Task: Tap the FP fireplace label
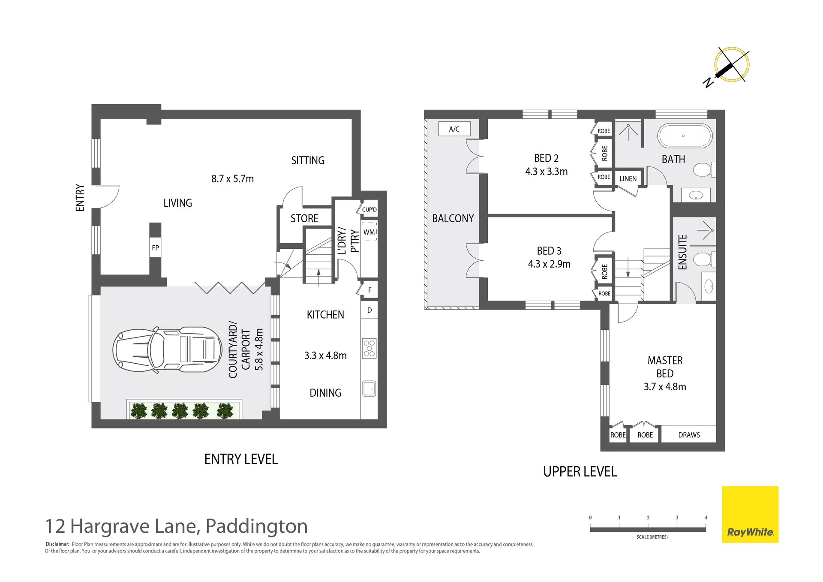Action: (x=155, y=247)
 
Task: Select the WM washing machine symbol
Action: (x=369, y=232)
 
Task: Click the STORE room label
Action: (x=304, y=218)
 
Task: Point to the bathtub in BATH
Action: (x=685, y=136)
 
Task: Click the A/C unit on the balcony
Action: (x=454, y=129)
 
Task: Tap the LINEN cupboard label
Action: (x=628, y=178)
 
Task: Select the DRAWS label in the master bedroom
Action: (x=689, y=435)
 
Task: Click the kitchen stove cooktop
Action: (x=369, y=348)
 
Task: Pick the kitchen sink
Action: (x=369, y=389)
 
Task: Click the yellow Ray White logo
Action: (x=750, y=514)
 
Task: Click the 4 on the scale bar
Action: (x=706, y=518)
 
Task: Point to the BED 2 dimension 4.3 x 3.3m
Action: (x=546, y=172)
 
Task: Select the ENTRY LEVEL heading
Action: (x=241, y=459)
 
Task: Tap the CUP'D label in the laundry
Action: (x=369, y=210)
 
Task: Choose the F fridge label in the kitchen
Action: (x=369, y=290)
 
